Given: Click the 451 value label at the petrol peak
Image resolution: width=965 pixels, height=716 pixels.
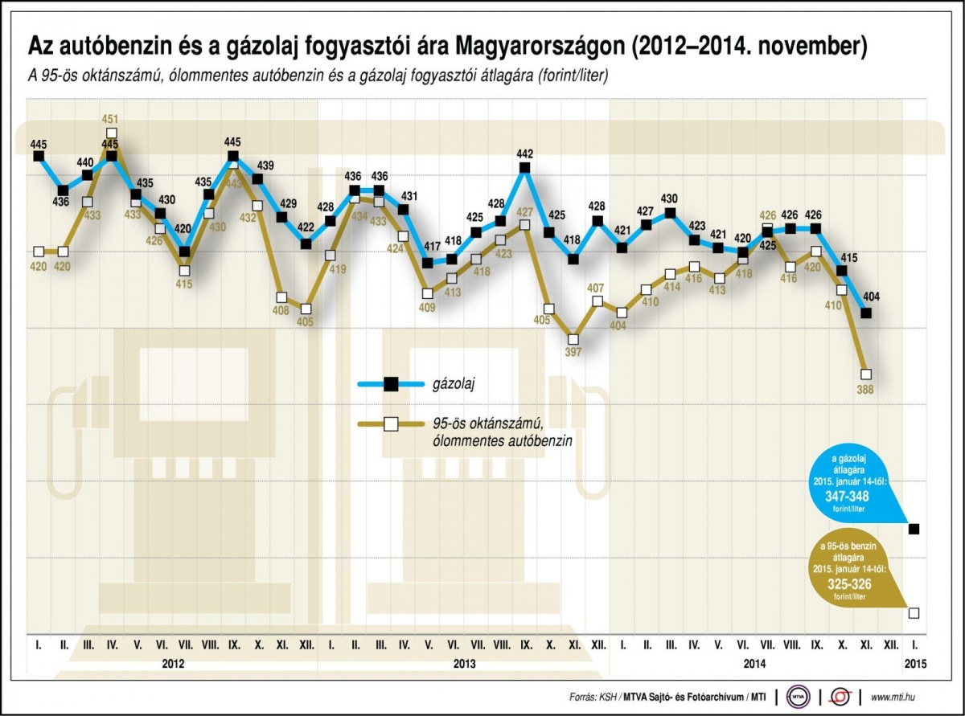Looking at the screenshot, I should [x=111, y=119].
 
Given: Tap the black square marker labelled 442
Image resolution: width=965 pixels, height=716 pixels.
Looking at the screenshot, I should [x=525, y=167].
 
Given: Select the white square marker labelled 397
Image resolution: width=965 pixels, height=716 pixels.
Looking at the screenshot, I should [x=573, y=339].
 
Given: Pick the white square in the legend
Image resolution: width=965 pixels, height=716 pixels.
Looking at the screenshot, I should [x=390, y=423].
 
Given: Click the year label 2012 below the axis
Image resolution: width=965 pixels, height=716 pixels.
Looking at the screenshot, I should [x=173, y=664].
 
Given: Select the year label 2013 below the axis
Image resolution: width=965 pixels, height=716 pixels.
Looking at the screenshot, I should [x=464, y=664].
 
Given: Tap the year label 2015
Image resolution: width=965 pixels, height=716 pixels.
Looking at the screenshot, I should [x=915, y=664].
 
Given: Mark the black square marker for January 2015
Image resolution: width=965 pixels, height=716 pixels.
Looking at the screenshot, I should [x=914, y=529].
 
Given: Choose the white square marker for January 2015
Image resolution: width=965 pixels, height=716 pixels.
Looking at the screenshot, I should [x=914, y=613].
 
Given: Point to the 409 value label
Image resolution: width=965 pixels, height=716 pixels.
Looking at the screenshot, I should [x=427, y=307].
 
